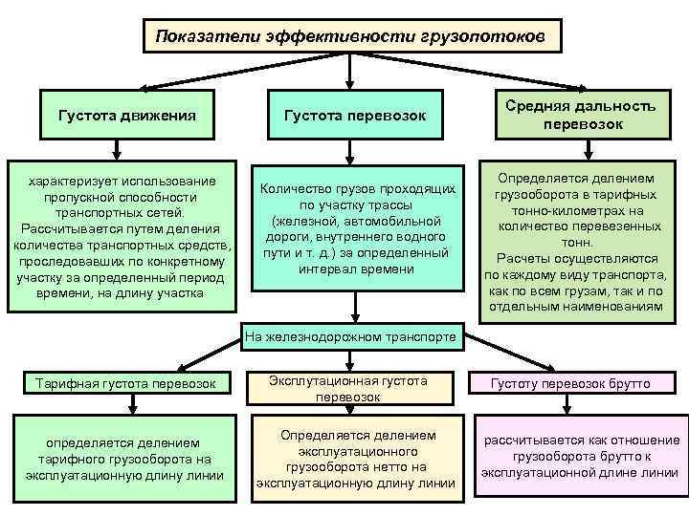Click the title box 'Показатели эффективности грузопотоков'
[350, 37]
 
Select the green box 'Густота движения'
[128, 116]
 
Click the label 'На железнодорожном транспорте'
[352, 336]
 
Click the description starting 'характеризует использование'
[122, 236]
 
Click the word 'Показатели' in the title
[197, 37]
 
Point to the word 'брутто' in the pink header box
[627, 383]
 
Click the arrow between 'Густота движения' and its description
[117, 147]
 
